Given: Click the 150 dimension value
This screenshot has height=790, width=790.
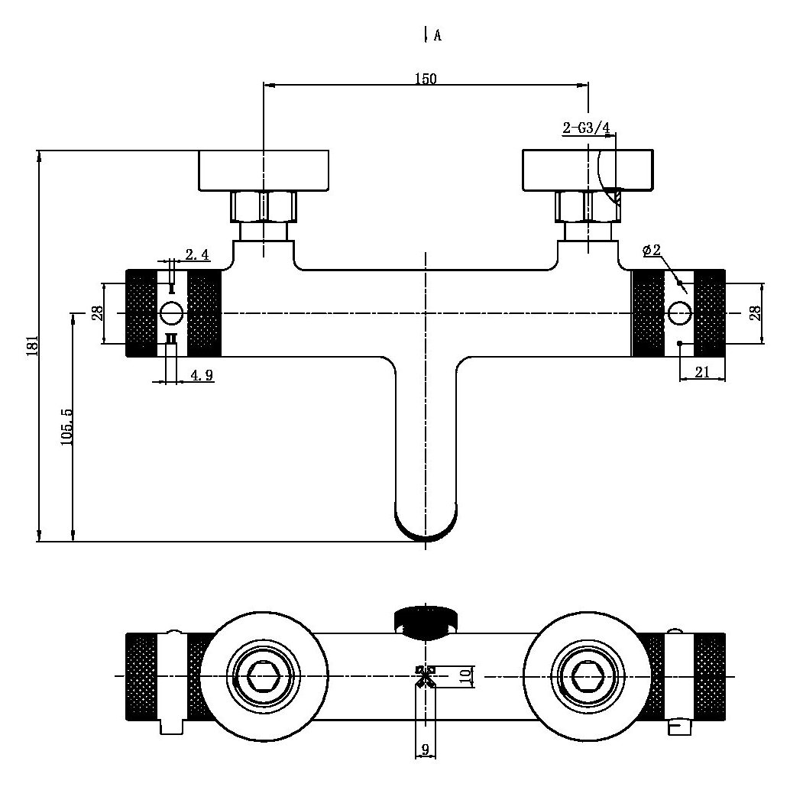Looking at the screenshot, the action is (x=426, y=79).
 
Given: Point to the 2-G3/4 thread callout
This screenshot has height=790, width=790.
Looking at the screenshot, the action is (x=586, y=128).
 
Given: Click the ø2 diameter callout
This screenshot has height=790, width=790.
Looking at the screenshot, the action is (x=652, y=250).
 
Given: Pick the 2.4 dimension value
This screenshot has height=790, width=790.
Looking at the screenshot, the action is (x=197, y=254).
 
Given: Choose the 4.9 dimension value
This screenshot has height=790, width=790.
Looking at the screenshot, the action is (x=202, y=375).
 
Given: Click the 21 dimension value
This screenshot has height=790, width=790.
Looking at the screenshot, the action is (x=702, y=372).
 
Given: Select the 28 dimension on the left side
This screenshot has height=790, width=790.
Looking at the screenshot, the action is (x=97, y=313).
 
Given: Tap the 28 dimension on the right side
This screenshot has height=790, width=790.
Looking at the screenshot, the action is (x=756, y=313).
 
